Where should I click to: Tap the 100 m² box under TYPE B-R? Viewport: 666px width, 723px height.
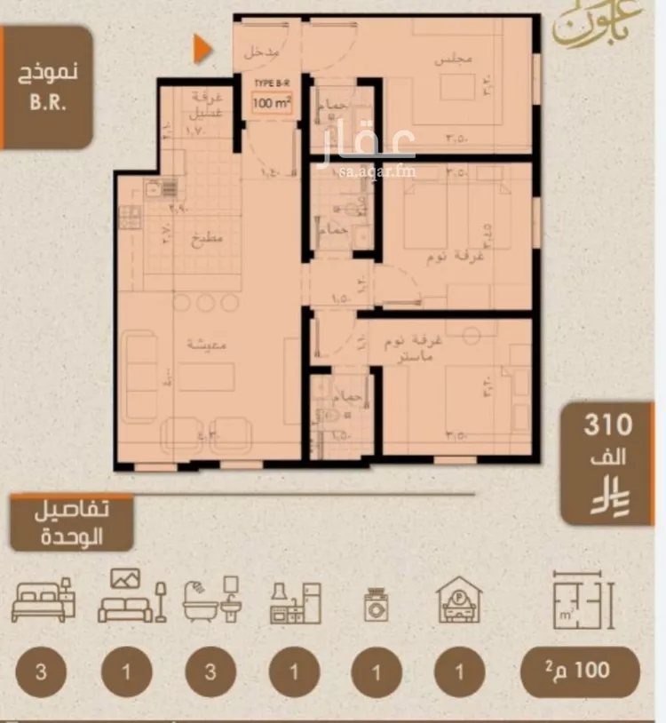pyautogui.click(x=272, y=103)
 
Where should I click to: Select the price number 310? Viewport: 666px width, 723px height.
pyautogui.click(x=607, y=425)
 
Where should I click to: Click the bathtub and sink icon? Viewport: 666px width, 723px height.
pyautogui.click(x=210, y=600)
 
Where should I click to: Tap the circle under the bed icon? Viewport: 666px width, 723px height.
pyautogui.click(x=42, y=671)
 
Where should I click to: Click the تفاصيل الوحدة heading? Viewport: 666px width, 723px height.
pyautogui.click(x=73, y=524)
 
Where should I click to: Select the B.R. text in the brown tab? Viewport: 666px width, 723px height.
pyautogui.click(x=50, y=99)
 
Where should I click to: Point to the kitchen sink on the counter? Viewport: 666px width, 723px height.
pyautogui.click(x=162, y=187)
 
